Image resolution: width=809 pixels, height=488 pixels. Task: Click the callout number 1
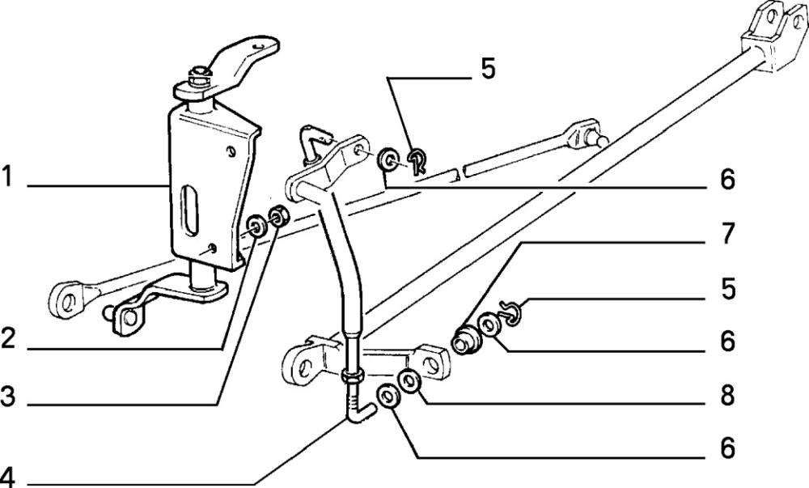6,176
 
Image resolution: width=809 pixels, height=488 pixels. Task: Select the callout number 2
8,340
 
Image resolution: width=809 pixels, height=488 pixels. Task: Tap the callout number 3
8,397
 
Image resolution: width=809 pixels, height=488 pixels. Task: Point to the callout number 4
7,477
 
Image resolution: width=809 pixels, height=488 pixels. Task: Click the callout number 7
727,233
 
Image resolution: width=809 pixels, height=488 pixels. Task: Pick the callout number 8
727,396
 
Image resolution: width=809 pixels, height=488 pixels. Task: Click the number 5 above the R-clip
487,69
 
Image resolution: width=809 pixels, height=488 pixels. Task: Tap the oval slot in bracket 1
190,211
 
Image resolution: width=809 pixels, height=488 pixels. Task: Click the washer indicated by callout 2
256,226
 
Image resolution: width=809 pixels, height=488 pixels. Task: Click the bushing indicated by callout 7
466,338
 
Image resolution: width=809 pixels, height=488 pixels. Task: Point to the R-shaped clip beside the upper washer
418,159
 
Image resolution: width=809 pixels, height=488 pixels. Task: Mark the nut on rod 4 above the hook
353,376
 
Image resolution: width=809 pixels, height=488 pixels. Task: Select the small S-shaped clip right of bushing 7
511,314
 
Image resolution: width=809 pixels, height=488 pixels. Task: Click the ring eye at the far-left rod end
66,299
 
